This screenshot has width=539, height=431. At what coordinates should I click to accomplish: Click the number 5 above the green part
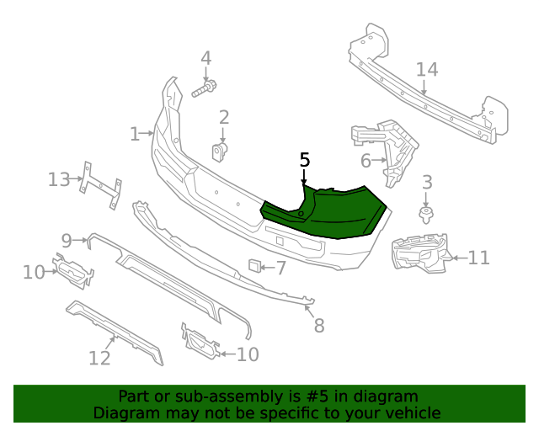[305, 160]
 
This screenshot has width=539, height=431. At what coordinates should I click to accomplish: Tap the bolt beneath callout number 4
[205, 88]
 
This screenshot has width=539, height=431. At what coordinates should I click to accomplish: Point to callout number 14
[427, 69]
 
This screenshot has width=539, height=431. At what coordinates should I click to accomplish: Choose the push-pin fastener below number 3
[426, 212]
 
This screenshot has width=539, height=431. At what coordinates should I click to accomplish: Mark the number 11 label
[478, 258]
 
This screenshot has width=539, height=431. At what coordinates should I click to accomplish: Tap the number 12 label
[99, 359]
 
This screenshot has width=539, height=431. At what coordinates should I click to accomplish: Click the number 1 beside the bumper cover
[135, 134]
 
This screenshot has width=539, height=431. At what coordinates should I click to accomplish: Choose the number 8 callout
[318, 325]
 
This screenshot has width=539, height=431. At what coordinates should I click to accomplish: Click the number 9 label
[67, 240]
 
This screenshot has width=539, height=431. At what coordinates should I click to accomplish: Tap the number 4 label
[205, 58]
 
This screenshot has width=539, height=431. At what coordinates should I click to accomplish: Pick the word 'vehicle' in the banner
[412, 412]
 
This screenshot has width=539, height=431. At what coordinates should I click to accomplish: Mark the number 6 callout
[366, 160]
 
